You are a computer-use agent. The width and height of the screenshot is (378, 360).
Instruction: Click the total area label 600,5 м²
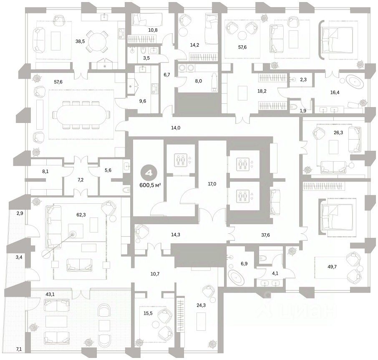[150, 185]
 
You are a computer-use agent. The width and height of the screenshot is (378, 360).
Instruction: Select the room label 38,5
[80, 41]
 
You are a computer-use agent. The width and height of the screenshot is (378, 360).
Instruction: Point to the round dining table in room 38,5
[97, 41]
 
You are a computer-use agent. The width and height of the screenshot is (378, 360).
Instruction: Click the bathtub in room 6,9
[236, 277]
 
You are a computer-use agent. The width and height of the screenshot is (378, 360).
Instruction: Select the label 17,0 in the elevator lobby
[212, 184]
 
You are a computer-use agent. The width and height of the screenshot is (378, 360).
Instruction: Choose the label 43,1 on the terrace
[50, 294]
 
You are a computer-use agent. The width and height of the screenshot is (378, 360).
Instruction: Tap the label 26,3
[338, 132]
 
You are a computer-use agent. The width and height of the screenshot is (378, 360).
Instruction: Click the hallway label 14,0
[176, 128]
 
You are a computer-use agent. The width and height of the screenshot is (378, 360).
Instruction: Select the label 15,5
[148, 313]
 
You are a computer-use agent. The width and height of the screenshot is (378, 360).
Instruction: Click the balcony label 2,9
[20, 213]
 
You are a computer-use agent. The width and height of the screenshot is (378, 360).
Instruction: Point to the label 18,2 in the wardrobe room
[262, 91]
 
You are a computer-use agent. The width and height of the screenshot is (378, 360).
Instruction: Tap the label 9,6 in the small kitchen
[143, 101]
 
